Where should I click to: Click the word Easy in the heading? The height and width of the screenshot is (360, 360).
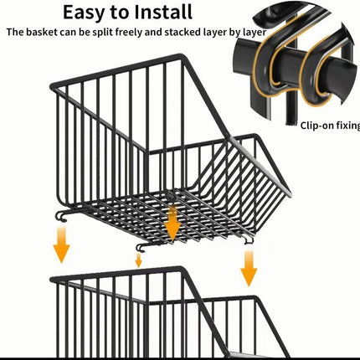(84, 13)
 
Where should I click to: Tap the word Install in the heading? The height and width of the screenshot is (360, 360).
(163, 12)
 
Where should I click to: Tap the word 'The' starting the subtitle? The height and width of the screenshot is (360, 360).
(15, 32)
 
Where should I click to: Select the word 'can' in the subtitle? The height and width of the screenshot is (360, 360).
(66, 33)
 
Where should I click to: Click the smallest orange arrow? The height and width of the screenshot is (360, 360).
(138, 260)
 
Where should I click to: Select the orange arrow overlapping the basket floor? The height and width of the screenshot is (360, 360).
(172, 224)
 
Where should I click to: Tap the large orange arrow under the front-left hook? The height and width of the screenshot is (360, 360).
(61, 244)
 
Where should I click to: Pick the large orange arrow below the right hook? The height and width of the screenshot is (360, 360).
(249, 269)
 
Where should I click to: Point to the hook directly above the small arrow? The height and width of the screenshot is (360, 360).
(141, 247)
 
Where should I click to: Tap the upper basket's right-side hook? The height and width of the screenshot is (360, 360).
(249, 239)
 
